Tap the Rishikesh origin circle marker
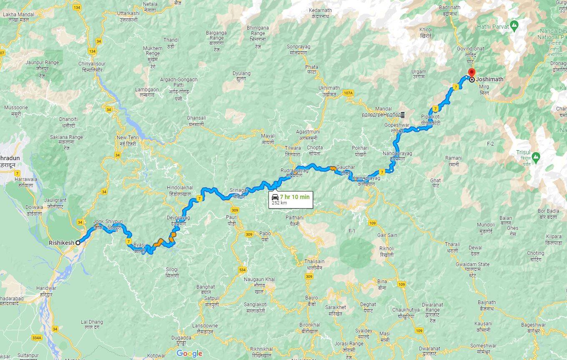(x=78, y=242)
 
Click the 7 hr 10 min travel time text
(x=295, y=197)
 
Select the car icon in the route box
(x=275, y=197)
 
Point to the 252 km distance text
(x=279, y=203)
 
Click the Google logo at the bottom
(x=189, y=354)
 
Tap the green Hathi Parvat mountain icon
(x=515, y=26)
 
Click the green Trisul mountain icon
(x=536, y=157)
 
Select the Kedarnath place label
(x=320, y=10)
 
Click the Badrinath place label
(x=449, y=8)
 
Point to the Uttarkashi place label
(x=128, y=13)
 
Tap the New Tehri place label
(x=128, y=138)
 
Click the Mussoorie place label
(x=16, y=108)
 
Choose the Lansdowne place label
(x=205, y=326)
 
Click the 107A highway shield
(x=349, y=93)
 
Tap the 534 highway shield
(x=242, y=270)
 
